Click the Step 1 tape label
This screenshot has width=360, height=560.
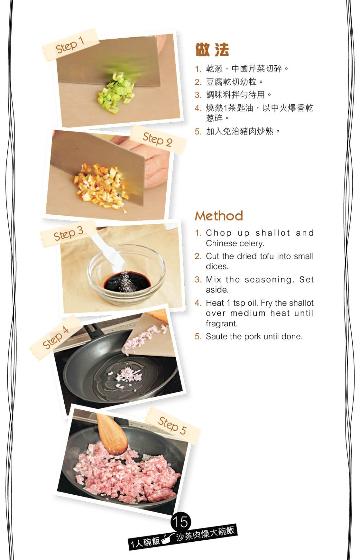point(71,45)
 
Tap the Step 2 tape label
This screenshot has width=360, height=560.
point(158,139)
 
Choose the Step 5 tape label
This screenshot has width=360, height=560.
point(173,426)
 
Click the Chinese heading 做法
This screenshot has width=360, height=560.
point(212,50)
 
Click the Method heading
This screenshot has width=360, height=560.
point(219,216)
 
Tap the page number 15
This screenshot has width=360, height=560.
point(181,522)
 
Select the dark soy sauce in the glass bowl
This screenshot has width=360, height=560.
point(127,282)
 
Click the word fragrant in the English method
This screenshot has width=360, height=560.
point(221,324)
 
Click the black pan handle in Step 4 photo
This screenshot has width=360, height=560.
point(95,330)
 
